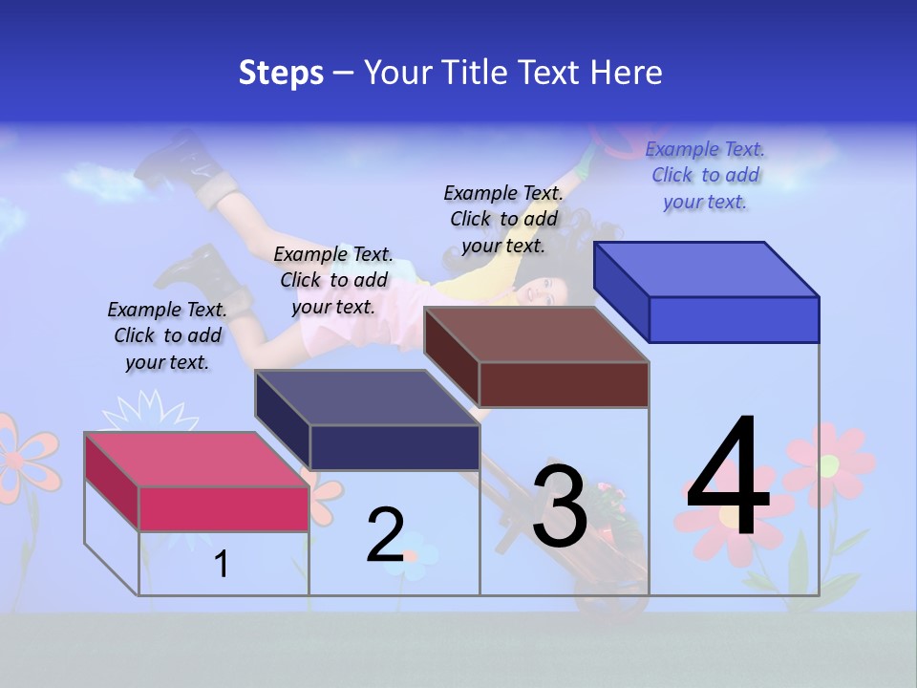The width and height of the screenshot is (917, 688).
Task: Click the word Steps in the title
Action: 281,73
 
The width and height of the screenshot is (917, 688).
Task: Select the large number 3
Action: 560,505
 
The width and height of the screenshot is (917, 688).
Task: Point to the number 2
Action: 386,535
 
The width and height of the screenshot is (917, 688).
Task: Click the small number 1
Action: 222,564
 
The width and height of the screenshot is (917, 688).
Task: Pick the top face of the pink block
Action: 197,460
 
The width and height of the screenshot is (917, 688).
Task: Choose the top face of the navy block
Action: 367,398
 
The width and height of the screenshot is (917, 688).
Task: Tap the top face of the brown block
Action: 536,334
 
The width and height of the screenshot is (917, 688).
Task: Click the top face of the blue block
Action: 706,269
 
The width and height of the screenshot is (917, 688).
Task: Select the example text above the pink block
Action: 167,336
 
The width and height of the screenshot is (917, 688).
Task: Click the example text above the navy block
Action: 333,280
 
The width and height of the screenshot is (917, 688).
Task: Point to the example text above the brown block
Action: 503,219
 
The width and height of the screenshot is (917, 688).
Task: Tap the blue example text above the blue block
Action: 705,175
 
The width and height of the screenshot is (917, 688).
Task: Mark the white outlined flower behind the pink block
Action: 149,413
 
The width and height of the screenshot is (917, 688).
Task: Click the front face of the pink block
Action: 224,508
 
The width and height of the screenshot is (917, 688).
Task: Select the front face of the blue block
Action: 734,319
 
